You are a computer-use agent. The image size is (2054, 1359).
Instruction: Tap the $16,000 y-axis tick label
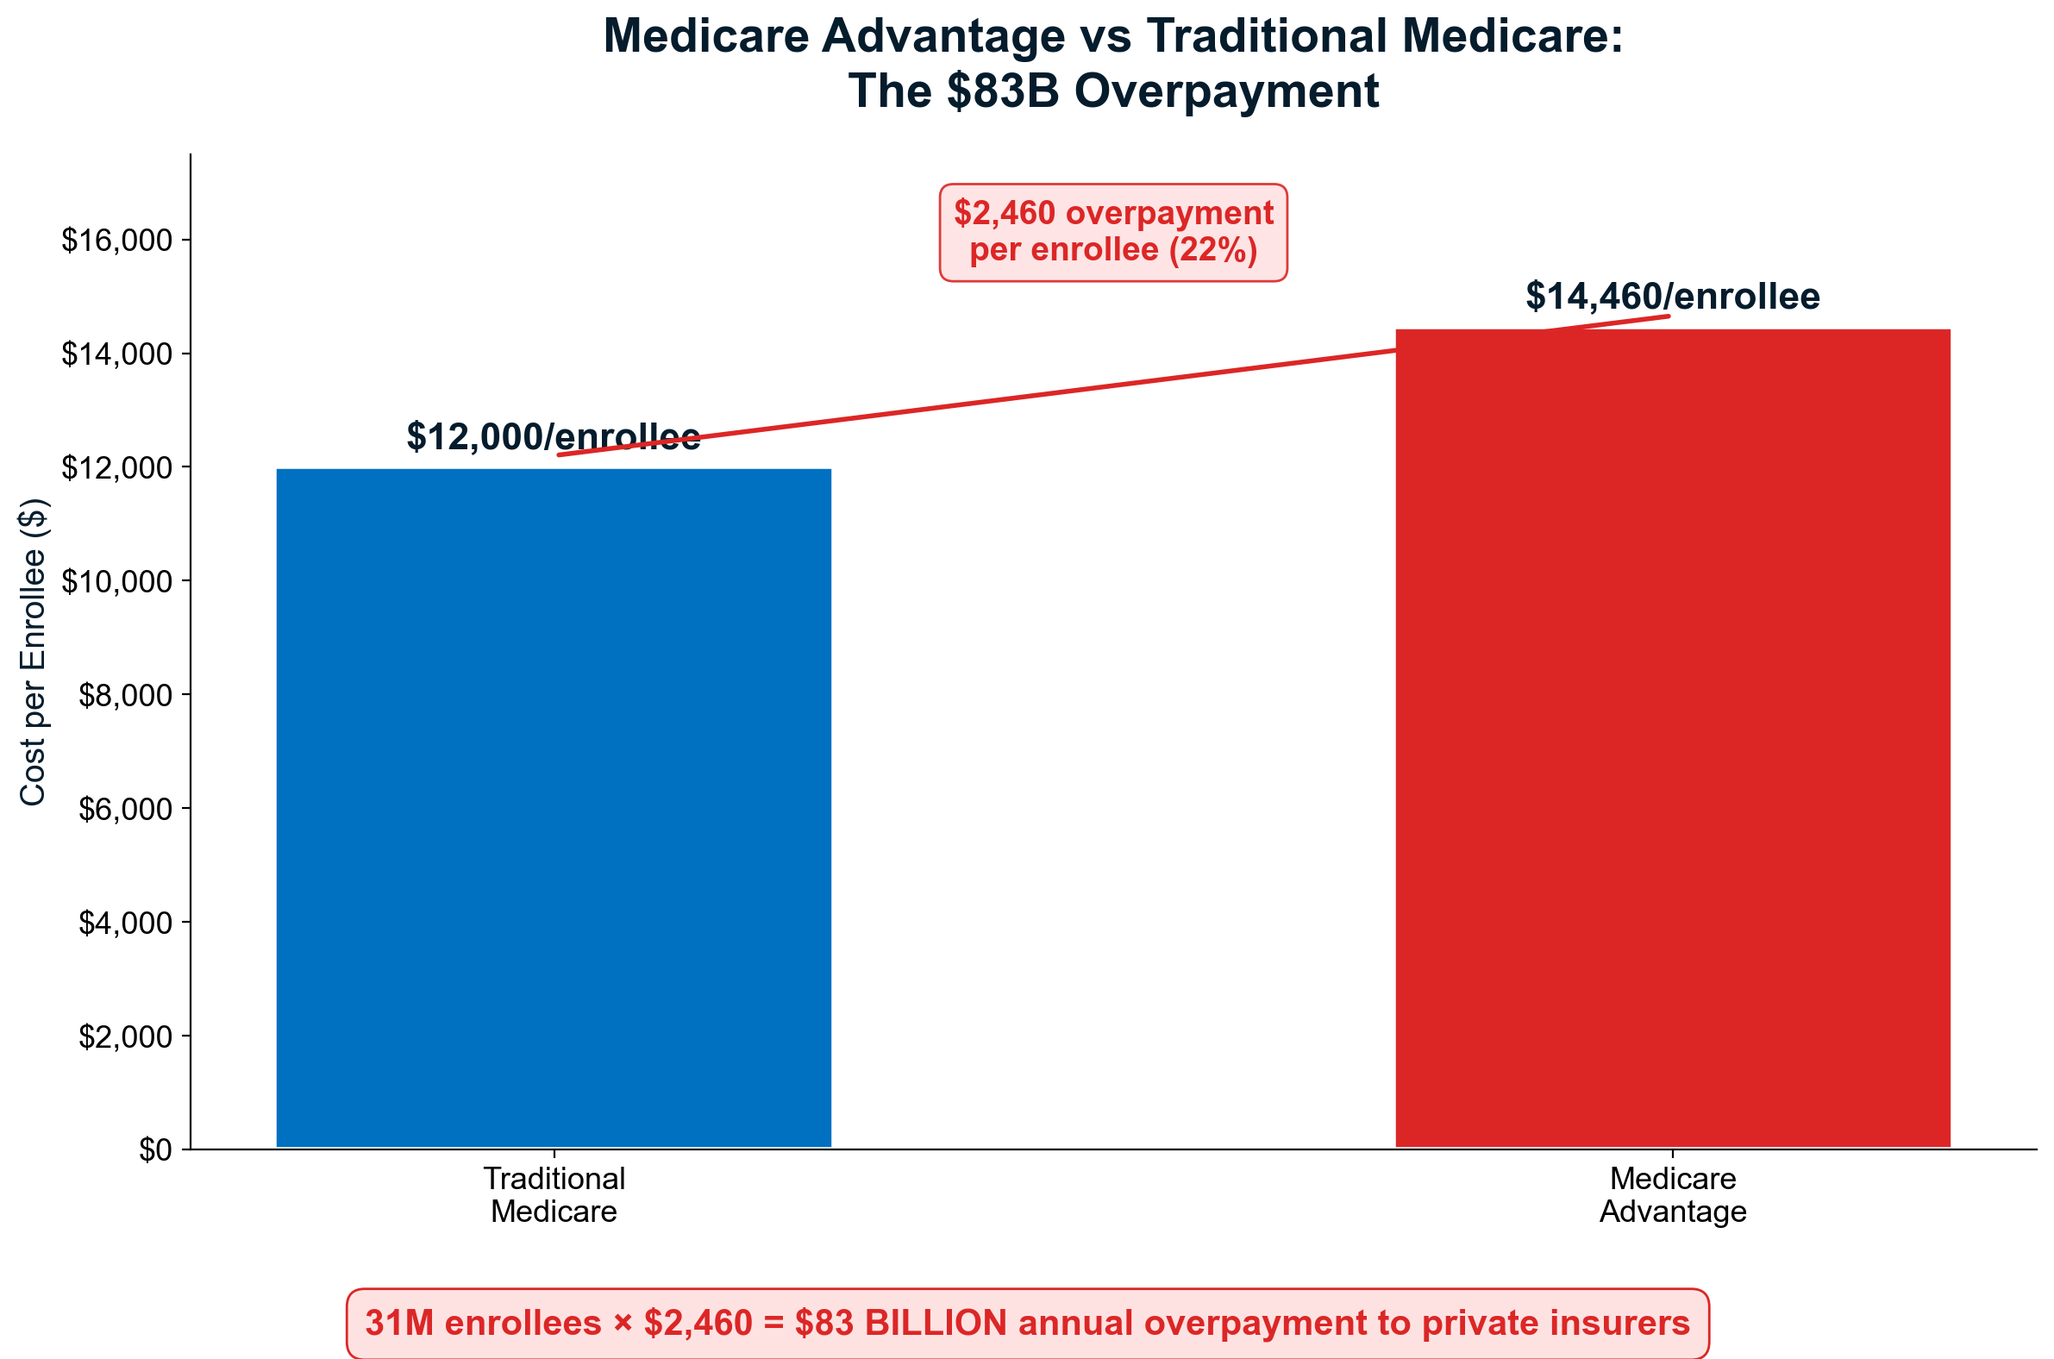click(117, 240)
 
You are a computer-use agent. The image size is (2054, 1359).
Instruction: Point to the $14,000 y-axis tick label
click(117, 354)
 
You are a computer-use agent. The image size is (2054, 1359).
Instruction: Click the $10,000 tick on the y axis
click(117, 581)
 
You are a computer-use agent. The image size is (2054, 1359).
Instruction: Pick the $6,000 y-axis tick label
click(126, 810)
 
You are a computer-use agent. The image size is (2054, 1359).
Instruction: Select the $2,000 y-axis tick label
click(126, 1036)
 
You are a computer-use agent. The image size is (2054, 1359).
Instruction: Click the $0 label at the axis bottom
click(155, 1151)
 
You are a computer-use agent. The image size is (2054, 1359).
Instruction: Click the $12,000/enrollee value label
click(553, 437)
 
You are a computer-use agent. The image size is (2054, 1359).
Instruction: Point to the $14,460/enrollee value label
click(1673, 297)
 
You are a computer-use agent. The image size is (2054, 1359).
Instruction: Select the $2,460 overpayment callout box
click(1113, 232)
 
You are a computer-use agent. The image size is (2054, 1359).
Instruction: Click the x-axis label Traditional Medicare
click(554, 1195)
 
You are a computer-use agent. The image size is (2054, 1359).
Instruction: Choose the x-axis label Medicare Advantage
click(1673, 1195)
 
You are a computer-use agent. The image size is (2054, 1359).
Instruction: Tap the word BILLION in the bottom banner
click(936, 1324)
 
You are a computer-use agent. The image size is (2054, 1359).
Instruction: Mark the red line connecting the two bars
click(1113, 385)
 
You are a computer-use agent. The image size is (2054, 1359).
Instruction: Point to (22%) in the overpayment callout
click(1212, 250)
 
